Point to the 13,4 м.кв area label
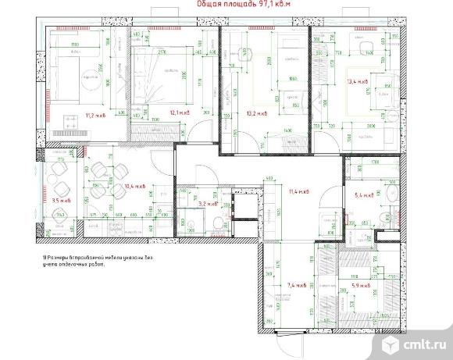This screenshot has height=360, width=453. point(358,80)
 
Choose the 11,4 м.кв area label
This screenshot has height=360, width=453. point(298,191)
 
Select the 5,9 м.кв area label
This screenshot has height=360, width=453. point(362,286)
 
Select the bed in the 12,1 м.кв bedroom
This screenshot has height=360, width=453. point(160,74)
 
